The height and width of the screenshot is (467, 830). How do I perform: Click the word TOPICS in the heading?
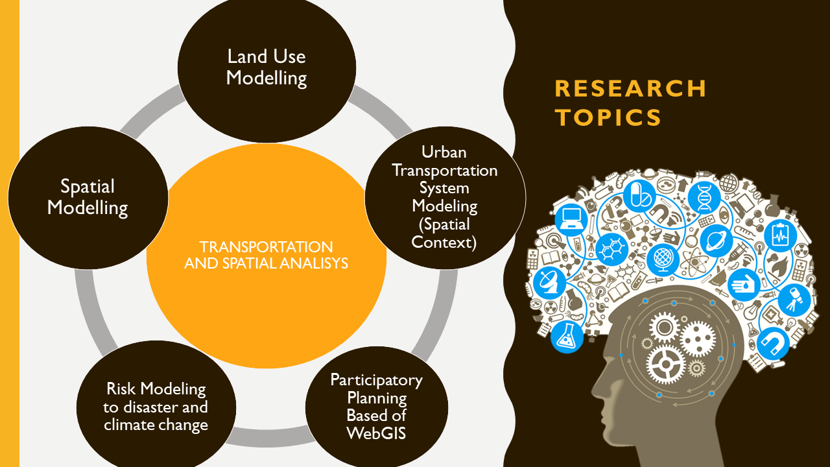[x=608, y=117]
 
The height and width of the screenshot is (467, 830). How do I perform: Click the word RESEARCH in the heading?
[x=630, y=88]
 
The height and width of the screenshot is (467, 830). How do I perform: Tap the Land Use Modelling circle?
[x=267, y=68]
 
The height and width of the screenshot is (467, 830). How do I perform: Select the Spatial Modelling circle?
[x=88, y=198]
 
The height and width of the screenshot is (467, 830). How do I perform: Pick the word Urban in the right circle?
[x=444, y=152]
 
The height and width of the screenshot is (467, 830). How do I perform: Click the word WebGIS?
[x=376, y=433]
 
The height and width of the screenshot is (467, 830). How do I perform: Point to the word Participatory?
[x=376, y=379]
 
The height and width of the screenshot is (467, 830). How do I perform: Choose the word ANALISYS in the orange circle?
[x=306, y=263]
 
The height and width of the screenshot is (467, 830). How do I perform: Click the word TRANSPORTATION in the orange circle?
[x=266, y=247]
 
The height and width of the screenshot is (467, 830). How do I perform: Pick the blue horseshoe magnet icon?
[x=774, y=342]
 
